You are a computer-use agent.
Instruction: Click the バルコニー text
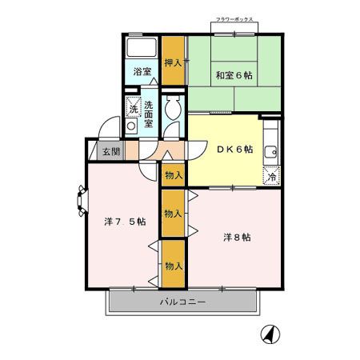(x=182, y=302)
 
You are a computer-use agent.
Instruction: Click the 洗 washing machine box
(x=132, y=107)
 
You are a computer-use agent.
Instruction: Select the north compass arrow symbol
(x=271, y=336)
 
